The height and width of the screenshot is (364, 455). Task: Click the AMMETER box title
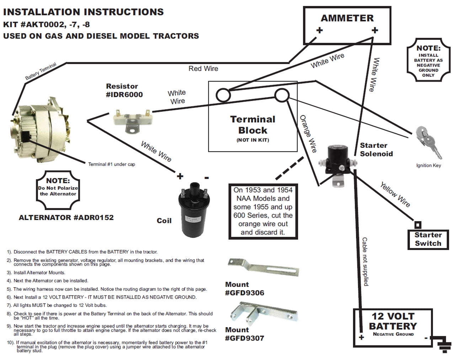(x=347, y=18)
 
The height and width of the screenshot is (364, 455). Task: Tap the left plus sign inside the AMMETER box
(x=320, y=30)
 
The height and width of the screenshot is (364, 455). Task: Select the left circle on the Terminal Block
(x=224, y=95)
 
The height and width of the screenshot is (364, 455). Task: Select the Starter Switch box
(x=428, y=239)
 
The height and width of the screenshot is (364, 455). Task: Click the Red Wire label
(x=203, y=69)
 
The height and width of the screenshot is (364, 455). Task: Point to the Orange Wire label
(x=308, y=134)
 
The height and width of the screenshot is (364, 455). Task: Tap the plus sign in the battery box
(x=362, y=337)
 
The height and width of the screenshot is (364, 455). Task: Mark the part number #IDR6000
(x=124, y=95)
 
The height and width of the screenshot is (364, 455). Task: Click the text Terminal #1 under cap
(x=112, y=164)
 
